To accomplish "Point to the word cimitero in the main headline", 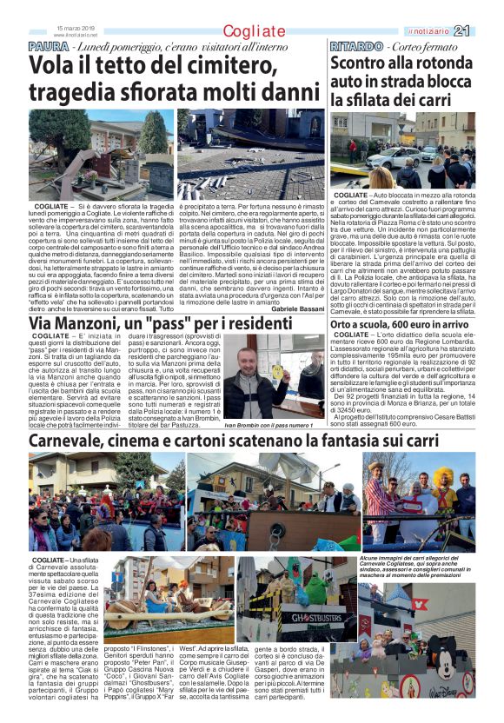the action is [206, 65].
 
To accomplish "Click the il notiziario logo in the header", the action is [453, 31].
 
